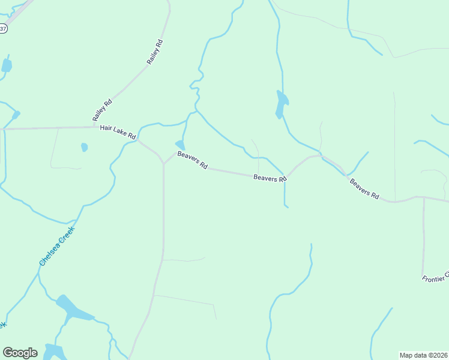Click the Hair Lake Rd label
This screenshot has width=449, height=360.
point(118,132)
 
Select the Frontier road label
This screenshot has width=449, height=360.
point(435,278)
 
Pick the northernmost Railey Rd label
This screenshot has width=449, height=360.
point(155,52)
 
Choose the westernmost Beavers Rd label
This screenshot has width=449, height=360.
point(192,160)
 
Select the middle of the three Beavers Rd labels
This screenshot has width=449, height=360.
point(270,178)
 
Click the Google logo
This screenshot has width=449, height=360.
point(20,352)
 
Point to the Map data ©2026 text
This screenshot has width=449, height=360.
point(423,355)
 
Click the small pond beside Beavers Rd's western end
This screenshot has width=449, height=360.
point(179,145)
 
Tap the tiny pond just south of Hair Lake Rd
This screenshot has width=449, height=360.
point(85,147)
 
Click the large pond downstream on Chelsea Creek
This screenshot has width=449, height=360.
point(74,309)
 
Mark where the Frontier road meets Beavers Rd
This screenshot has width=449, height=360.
point(424,197)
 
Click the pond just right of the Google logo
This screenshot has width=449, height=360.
point(54,351)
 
